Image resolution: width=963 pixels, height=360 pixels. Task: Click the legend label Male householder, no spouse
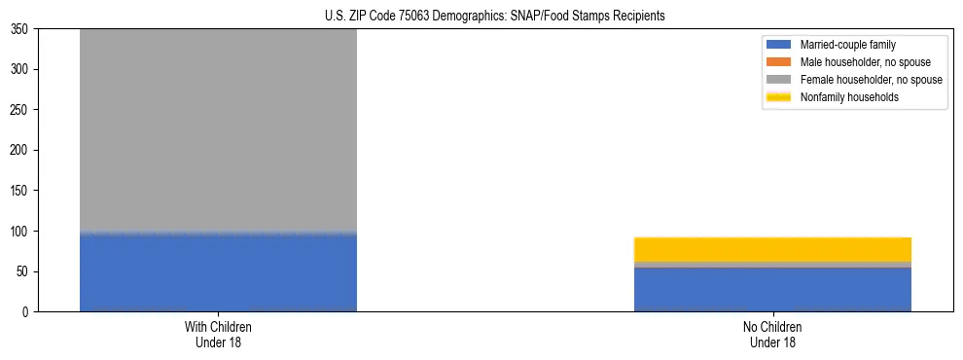[865, 62]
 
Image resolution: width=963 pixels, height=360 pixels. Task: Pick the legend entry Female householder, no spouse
[871, 80]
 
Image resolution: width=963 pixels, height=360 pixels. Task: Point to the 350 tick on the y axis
[20, 29]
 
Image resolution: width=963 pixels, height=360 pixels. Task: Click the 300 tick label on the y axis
[20, 70]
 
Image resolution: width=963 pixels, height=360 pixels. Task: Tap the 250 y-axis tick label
[20, 110]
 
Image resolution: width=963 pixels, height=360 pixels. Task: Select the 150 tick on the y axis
[20, 191]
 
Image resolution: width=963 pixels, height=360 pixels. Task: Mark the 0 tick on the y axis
[26, 312]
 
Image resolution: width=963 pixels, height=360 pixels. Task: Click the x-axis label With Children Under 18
[218, 335]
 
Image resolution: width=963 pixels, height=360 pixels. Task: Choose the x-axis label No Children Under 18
[772, 335]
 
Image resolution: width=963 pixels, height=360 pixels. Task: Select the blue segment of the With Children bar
[218, 272]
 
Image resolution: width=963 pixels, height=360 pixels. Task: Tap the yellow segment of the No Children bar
[772, 249]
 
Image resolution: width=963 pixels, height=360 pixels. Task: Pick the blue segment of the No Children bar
[772, 290]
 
